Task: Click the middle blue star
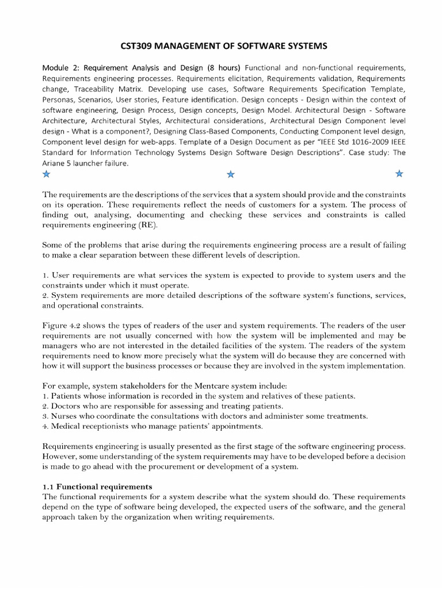[231, 174]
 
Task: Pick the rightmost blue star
[399, 173]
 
